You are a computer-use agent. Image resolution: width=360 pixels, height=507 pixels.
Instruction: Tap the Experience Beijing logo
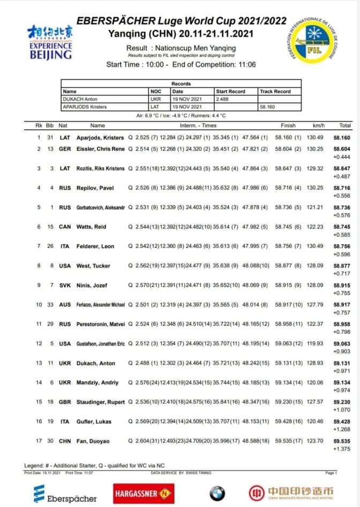pyautogui.click(x=51, y=42)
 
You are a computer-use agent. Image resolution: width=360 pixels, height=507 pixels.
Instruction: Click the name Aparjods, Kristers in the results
pyautogui.click(x=100, y=138)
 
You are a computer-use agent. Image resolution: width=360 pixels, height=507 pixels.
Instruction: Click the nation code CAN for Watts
pyautogui.click(x=65, y=227)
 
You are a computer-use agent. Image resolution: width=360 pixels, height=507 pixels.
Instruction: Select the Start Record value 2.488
pyautogui.click(x=223, y=99)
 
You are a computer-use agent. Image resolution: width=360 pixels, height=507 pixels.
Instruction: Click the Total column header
pyautogui.click(x=345, y=125)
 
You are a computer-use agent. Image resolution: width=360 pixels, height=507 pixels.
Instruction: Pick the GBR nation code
pyautogui.click(x=65, y=402)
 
